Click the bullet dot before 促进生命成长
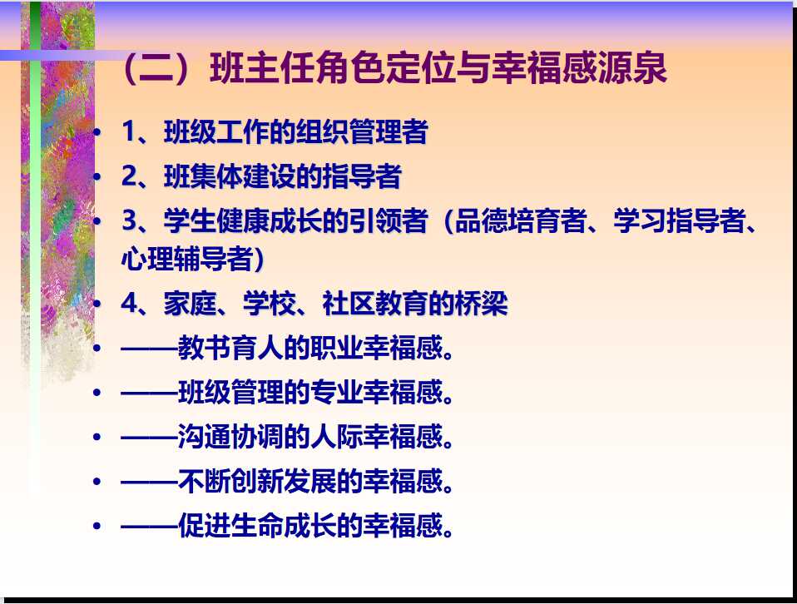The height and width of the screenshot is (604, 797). point(99,527)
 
